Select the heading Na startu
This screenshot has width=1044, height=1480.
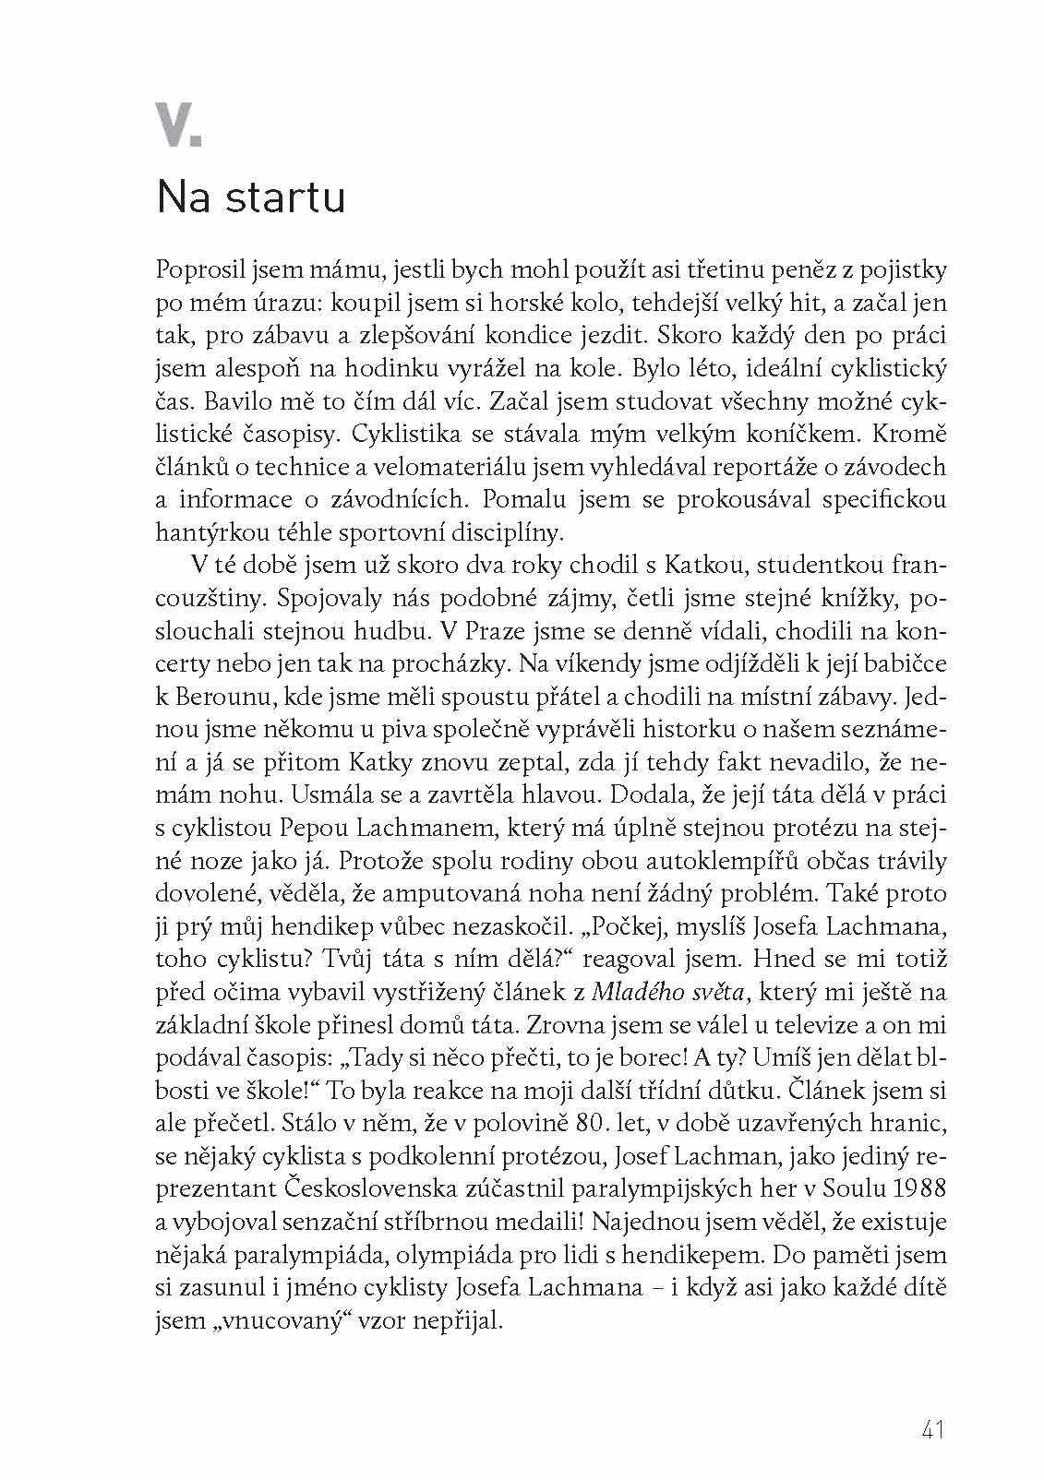(x=250, y=197)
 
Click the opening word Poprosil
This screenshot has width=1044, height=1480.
(x=196, y=271)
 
